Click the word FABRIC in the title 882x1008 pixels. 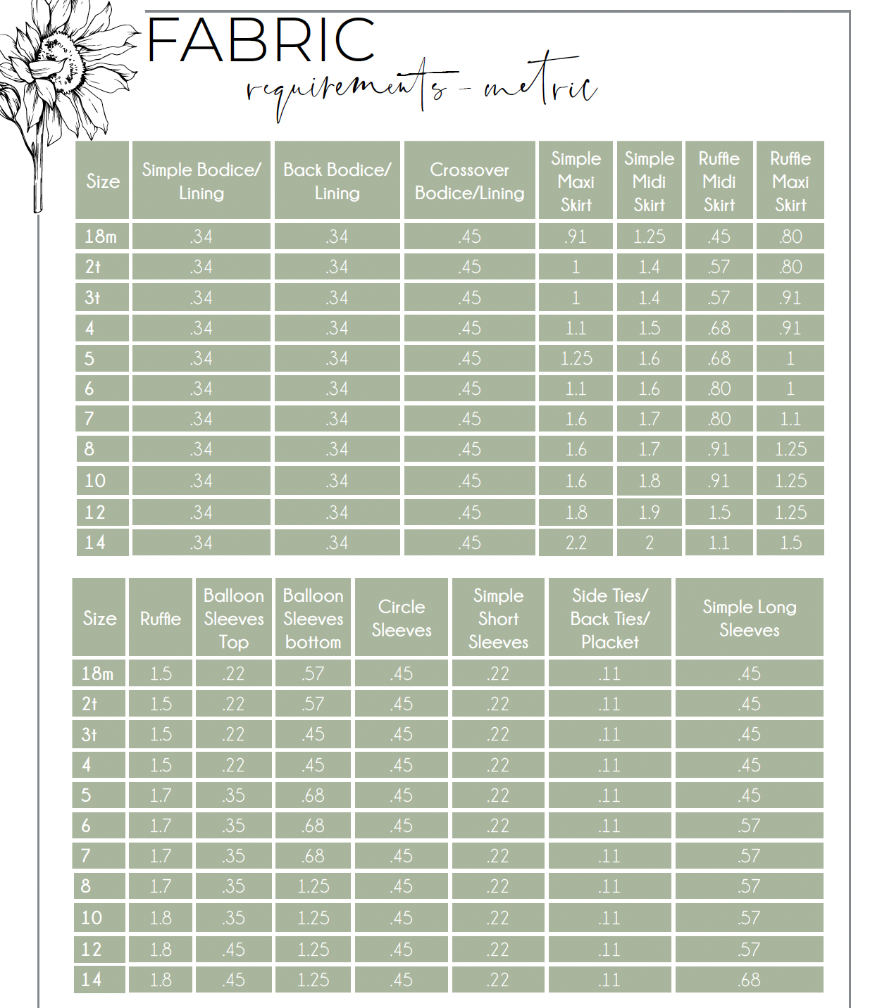261,40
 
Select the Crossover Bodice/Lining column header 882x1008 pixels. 469,181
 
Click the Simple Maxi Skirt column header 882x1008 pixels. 576,181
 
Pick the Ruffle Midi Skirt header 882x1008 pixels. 719,181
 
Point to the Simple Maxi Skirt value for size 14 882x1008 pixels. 576,543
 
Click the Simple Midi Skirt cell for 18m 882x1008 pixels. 649,237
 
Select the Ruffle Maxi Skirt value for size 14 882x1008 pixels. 790,543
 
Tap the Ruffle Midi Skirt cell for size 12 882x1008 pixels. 719,512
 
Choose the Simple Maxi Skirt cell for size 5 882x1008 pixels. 576,358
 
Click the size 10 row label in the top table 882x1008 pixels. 95,481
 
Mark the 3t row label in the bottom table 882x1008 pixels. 89,735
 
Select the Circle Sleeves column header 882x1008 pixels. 401,618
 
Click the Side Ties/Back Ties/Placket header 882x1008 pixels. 609,618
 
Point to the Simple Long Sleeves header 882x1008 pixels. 749,618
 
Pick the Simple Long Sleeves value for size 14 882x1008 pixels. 749,980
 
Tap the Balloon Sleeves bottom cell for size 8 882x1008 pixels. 313,886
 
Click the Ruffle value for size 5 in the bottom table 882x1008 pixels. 161,795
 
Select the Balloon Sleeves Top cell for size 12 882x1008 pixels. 233,950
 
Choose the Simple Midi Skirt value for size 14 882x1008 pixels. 649,543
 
